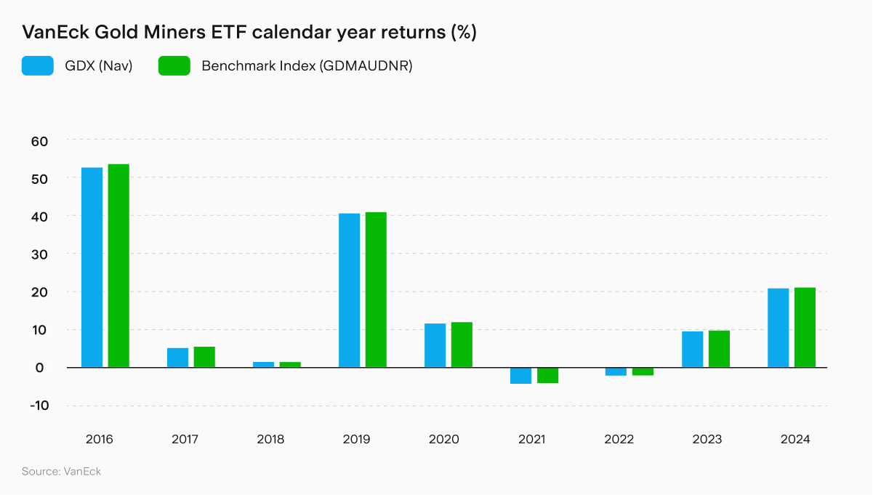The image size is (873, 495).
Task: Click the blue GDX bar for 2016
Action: coord(92,267)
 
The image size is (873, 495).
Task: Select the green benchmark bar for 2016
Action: coord(118,266)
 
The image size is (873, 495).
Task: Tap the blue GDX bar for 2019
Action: coord(349,290)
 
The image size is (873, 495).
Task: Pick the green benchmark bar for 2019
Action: coord(376,289)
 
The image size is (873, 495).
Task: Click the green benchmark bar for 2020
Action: coord(462,345)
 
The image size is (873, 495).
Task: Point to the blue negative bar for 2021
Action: coord(520,375)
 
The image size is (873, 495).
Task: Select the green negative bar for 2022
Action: coord(643,371)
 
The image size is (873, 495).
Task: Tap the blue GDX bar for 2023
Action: coord(692,349)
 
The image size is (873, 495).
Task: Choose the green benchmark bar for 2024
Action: coord(805,327)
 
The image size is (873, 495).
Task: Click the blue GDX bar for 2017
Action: coord(177,358)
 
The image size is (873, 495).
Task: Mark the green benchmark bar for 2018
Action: coord(290,364)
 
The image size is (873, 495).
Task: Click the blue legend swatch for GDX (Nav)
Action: coord(38,66)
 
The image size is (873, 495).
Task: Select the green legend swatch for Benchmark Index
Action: coord(174,66)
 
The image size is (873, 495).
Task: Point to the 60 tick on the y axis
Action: coord(39,140)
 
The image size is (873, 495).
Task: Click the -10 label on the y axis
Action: coord(39,406)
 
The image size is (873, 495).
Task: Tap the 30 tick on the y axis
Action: coord(39,254)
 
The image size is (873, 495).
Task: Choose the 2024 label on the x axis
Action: coord(794,440)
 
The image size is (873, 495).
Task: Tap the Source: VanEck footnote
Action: coord(61,472)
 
